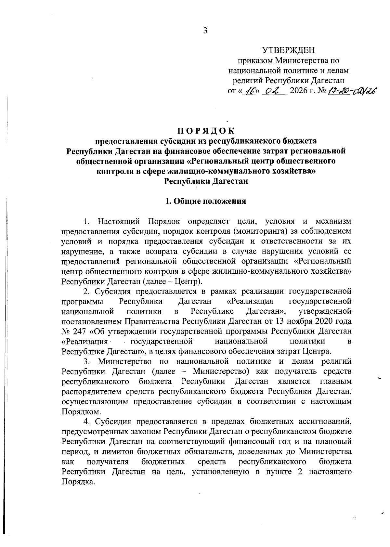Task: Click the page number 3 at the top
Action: pyautogui.click(x=205, y=31)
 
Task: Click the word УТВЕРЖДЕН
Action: pyautogui.click(x=289, y=50)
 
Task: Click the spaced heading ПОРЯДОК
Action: pyautogui.click(x=205, y=131)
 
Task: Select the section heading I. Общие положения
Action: pyautogui.click(x=205, y=201)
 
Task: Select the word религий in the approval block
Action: pyautogui.click(x=248, y=80)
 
